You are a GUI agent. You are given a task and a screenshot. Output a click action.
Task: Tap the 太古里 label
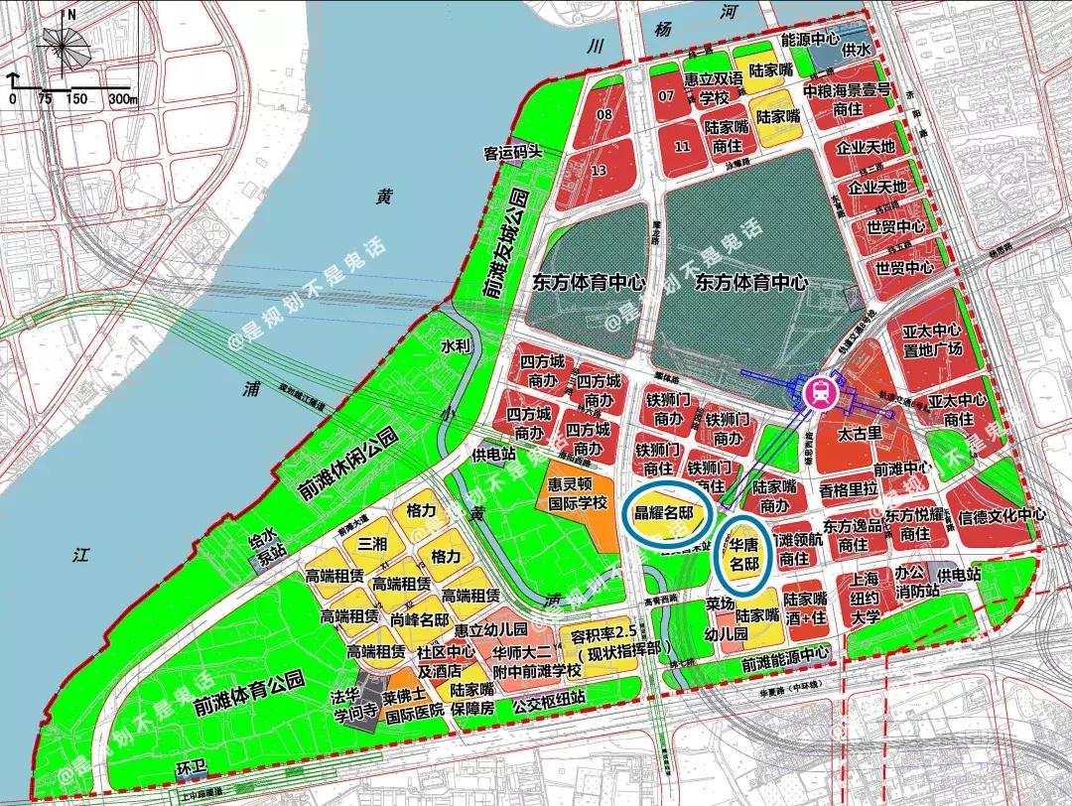point(860,434)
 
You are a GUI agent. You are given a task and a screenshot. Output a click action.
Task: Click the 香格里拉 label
point(849,489)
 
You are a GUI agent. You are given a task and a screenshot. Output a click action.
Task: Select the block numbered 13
point(597,170)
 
